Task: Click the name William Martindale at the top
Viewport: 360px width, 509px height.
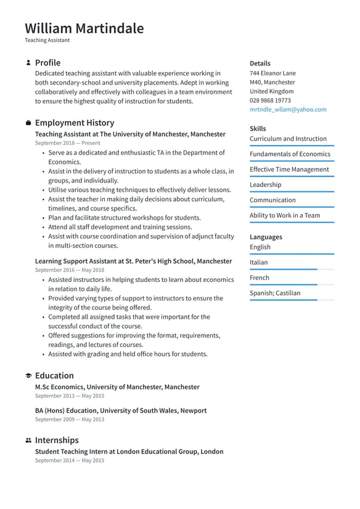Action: click(84, 28)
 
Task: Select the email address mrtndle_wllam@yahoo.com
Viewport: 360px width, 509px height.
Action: click(288, 109)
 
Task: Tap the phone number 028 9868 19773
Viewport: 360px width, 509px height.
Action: click(270, 100)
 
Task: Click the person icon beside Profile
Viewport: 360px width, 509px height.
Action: click(28, 63)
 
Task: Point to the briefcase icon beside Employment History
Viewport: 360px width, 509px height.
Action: click(28, 123)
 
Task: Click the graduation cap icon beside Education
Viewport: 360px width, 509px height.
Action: click(28, 376)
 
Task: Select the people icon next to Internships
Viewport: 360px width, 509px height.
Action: click(28, 441)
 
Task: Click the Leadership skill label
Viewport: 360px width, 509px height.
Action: click(265, 184)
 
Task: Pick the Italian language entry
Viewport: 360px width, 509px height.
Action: click(258, 262)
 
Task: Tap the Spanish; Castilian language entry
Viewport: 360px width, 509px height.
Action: click(275, 293)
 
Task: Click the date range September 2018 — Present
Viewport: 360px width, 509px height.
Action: click(67, 143)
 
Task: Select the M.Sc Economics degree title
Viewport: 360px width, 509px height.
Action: click(117, 387)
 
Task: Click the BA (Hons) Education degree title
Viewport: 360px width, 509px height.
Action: click(121, 410)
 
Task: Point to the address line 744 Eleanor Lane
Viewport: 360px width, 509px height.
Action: click(272, 73)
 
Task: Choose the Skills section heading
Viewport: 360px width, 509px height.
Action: click(258, 128)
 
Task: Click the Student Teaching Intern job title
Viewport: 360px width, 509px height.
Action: click(129, 452)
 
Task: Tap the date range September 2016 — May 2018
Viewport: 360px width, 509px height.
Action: click(69, 270)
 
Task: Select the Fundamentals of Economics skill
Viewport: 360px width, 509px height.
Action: click(290, 154)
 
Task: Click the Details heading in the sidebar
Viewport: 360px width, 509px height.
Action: click(260, 63)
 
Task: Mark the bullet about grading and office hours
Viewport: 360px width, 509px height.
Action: click(128, 354)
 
